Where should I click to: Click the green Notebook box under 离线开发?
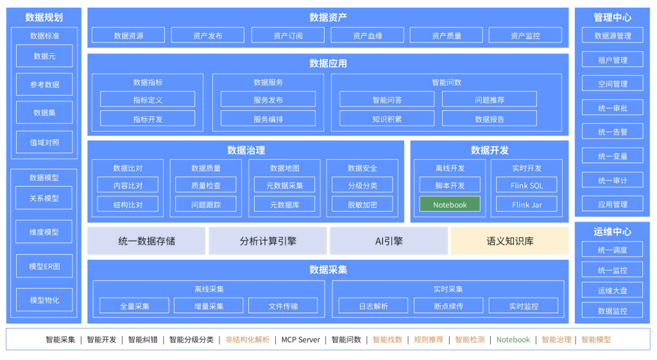click(450, 205)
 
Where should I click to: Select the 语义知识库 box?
click(509, 241)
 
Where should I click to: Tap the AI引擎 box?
click(388, 241)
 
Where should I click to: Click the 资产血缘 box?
click(367, 36)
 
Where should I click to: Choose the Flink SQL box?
click(527, 185)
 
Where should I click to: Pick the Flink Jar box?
click(527, 205)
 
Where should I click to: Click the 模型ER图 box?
click(44, 266)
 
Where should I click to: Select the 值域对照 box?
click(44, 142)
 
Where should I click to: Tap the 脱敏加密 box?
click(363, 205)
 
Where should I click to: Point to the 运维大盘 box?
click(612, 291)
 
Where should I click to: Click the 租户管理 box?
click(612, 60)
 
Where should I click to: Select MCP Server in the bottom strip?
click(300, 339)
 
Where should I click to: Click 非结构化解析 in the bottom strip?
click(247, 339)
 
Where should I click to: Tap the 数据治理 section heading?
click(246, 150)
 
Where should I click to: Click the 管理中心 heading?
click(612, 18)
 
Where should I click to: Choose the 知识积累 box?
click(387, 119)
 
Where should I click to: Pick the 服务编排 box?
click(268, 119)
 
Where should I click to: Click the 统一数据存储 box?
click(146, 241)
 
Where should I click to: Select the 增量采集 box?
click(209, 306)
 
